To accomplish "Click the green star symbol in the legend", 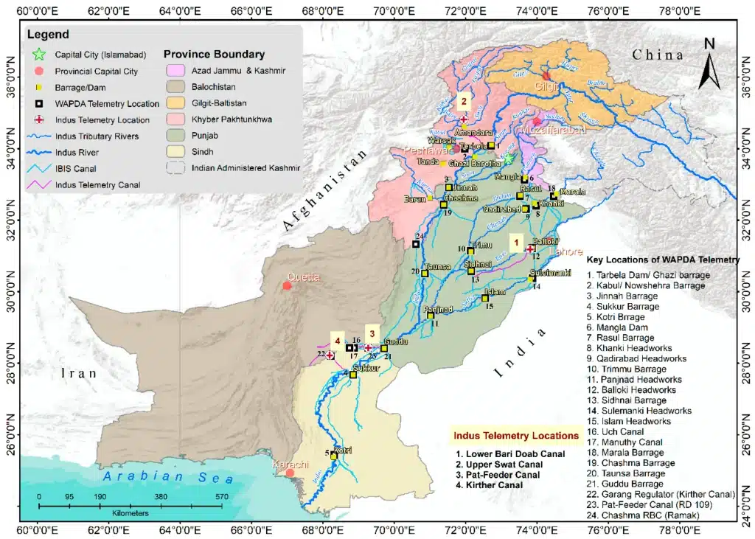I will (x=39, y=54).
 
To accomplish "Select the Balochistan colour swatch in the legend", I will (x=174, y=87).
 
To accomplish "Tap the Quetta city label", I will (x=303, y=277).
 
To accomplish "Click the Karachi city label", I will (x=290, y=465).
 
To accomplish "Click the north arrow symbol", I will (x=709, y=63).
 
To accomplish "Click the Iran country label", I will (x=79, y=373).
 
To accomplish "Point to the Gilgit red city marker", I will (x=546, y=75).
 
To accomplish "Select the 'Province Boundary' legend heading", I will (x=214, y=54).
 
